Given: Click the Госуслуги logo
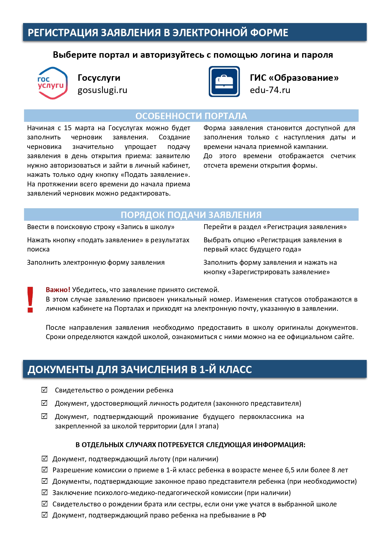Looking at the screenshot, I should tap(52, 83).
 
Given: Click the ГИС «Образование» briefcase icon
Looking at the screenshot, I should tap(224, 82).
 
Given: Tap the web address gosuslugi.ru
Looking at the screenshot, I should tap(102, 90).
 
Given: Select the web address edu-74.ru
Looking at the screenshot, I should tap(270, 90).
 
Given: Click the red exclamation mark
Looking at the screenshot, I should tap(30, 300).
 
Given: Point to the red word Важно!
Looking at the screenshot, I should tap(58, 290).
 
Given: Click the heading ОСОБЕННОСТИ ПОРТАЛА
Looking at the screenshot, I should tap(191, 116).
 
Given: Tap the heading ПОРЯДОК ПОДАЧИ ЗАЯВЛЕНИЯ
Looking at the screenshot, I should tap(191, 215).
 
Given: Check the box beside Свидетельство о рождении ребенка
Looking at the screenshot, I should tap(45, 390).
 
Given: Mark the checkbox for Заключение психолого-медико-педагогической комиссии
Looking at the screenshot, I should tap(45, 492).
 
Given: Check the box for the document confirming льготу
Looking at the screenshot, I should tap(45, 459).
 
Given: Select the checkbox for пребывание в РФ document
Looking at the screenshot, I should tap(45, 515).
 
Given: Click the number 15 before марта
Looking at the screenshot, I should tap(68, 128).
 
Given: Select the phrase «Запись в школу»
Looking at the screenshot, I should tap(146, 227).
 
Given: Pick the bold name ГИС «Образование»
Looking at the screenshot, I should tap(294, 78).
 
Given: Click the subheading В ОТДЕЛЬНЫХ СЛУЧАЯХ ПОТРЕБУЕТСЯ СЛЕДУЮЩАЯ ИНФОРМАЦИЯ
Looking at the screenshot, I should tap(190, 445).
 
